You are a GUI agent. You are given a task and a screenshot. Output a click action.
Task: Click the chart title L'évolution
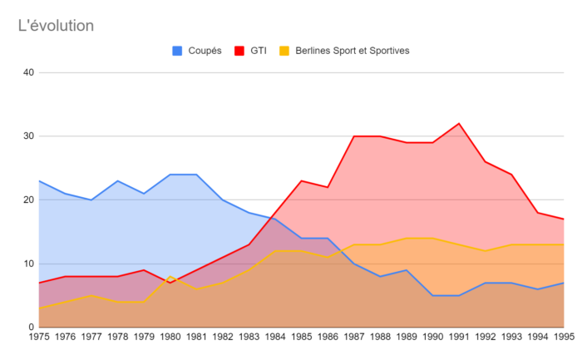pos(56,26)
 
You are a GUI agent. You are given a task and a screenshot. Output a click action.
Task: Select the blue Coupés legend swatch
pos(177,51)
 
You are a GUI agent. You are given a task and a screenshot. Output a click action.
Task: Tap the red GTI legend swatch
pos(239,51)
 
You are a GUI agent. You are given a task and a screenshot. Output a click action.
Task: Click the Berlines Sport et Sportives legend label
pos(353,51)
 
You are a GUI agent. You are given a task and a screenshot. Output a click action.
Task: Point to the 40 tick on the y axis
pos(28,72)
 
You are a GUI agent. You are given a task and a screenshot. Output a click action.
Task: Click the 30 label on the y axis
pos(28,136)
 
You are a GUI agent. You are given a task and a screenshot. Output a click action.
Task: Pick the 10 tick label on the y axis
pos(28,264)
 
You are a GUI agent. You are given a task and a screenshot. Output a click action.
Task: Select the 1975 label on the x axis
pos(39,337)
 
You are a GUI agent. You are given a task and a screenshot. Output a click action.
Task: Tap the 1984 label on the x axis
pos(275,337)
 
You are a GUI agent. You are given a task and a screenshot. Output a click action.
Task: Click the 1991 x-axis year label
pos(459,337)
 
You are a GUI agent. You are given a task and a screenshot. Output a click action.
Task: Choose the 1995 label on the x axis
pos(565,337)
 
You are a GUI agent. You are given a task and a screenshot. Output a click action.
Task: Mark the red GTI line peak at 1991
pos(459,123)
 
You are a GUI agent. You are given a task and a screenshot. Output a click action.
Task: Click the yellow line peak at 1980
pos(170,277)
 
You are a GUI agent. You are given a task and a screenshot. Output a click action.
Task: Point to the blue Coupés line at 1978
pos(118,180)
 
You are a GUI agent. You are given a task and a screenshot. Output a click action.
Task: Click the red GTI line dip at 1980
pos(170,283)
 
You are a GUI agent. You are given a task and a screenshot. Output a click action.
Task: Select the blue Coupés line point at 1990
pos(433,295)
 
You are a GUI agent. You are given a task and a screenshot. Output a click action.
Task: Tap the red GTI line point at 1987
pos(354,136)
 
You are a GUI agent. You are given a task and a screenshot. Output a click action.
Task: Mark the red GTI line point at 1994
pos(538,213)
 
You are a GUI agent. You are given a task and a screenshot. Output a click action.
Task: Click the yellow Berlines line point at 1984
pos(275,251)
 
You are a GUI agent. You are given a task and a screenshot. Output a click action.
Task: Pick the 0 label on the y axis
pos(32,327)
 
